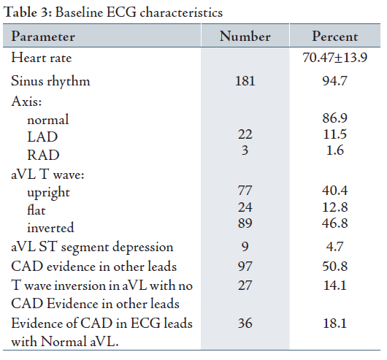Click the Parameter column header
[x=43, y=37]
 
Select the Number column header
[x=245, y=37]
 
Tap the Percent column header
[x=335, y=37]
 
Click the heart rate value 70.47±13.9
[x=335, y=58]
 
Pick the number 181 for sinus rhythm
[x=245, y=81]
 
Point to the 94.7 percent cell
[x=335, y=81]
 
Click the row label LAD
[x=42, y=137]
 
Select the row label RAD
[x=43, y=156]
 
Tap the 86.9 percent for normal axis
[x=335, y=118]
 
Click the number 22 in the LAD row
[x=245, y=134]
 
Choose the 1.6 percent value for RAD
[x=335, y=150]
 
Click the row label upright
[x=48, y=193]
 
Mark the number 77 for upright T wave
[x=245, y=191]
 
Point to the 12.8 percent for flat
[x=335, y=207]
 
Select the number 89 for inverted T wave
[x=245, y=223]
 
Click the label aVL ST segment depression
[x=92, y=248]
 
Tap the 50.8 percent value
[x=335, y=267]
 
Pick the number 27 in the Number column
[x=245, y=286]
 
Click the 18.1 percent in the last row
[x=335, y=323]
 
